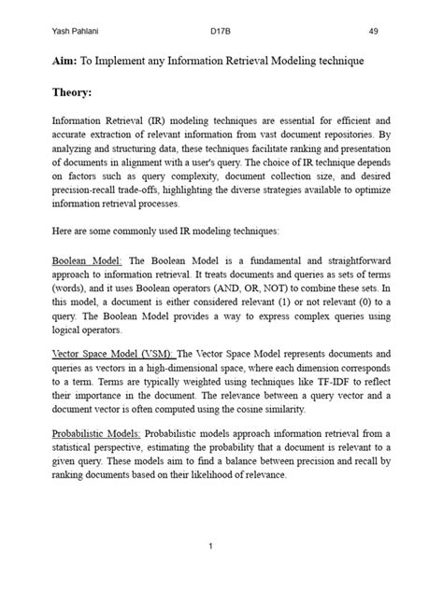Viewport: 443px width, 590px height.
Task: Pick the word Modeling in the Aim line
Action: click(x=292, y=61)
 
